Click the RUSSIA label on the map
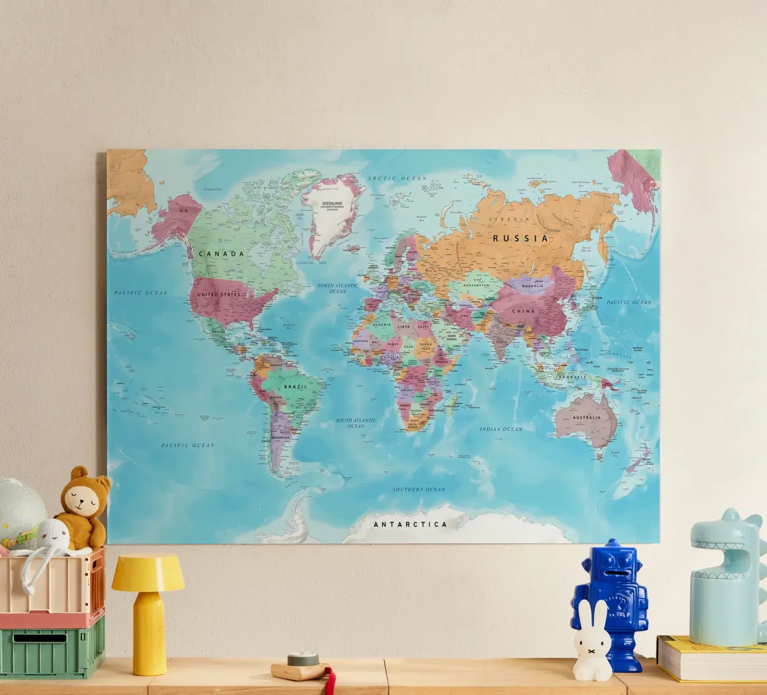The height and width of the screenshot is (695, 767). (520, 238)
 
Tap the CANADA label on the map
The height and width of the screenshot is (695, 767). (221, 254)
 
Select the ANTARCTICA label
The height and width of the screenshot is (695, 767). (410, 524)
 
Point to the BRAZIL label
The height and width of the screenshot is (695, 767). (295, 387)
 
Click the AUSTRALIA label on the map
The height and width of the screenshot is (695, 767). (586, 418)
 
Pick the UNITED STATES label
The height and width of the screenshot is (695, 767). (219, 295)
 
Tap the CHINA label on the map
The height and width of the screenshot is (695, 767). (523, 312)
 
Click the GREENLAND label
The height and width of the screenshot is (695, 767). (333, 204)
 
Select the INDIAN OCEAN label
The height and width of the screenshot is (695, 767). (501, 430)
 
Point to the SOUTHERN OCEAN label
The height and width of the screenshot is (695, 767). (419, 489)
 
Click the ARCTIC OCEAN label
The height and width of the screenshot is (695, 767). (397, 179)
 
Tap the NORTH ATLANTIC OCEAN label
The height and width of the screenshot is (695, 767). (338, 288)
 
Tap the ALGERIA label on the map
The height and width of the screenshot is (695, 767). (382, 325)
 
